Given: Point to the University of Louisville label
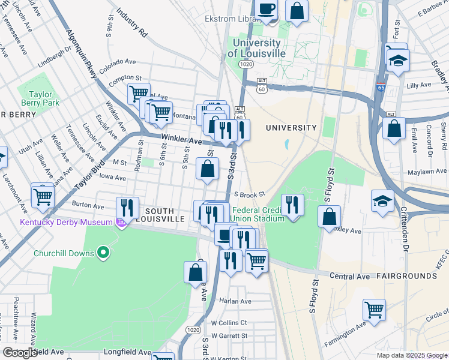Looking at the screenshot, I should click(256, 48).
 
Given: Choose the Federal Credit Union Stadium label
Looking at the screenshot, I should click(258, 214).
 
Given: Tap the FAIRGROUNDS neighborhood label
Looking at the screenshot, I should click(406, 276).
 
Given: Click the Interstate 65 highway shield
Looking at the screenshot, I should click(382, 86).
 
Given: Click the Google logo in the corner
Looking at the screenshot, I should click(19, 353).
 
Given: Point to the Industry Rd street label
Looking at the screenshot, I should click(132, 22).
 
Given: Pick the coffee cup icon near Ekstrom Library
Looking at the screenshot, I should click(267, 10).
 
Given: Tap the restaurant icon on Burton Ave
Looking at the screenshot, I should click(127, 208).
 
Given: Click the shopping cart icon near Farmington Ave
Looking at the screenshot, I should click(374, 310).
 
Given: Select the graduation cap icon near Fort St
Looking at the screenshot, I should click(397, 60).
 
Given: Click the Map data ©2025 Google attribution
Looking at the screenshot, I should click(411, 355).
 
